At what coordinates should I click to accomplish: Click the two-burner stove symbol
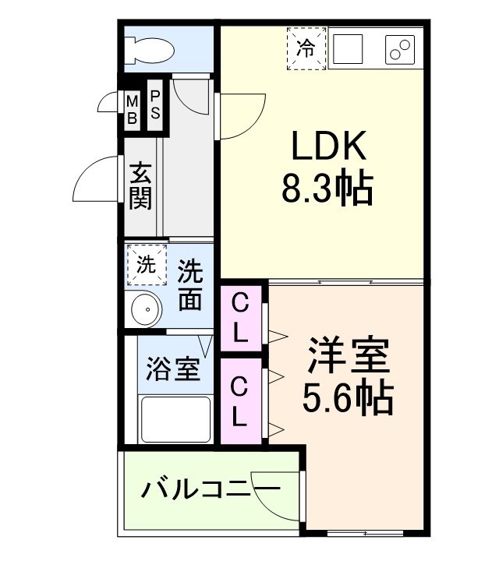401,49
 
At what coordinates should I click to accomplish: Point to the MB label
132,109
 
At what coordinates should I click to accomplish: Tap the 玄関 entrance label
140,185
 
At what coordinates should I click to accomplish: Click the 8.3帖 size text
327,188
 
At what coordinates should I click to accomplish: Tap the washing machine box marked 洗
147,263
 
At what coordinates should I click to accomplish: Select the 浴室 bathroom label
174,368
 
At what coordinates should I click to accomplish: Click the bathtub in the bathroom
175,419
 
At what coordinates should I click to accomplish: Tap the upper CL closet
241,318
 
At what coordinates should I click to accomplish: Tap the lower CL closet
241,400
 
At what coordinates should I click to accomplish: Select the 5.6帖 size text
347,399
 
